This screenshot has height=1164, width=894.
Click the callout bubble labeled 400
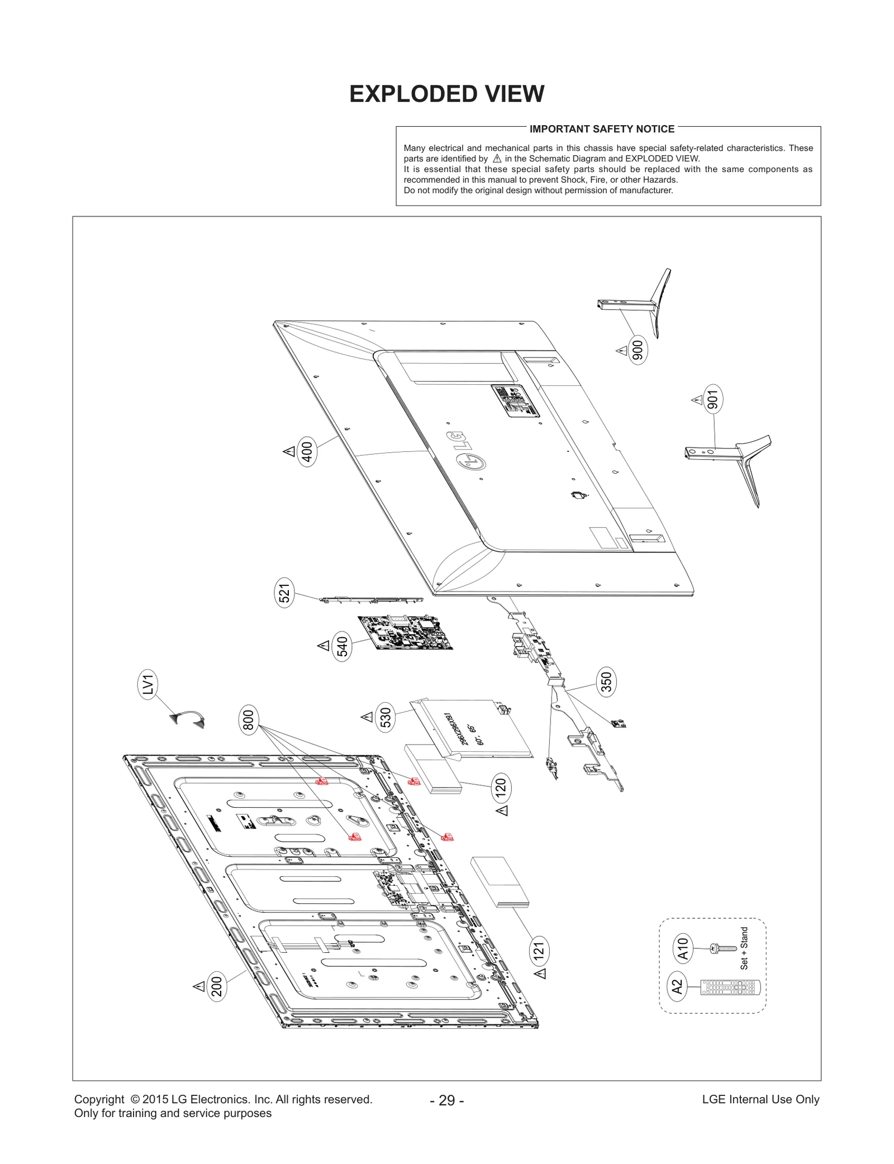pyautogui.click(x=307, y=451)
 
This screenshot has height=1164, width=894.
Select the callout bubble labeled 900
pyautogui.click(x=638, y=350)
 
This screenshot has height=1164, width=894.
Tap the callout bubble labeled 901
pyautogui.click(x=713, y=399)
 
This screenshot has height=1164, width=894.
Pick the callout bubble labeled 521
pyautogui.click(x=284, y=594)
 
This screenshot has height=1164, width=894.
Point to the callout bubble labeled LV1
pyautogui.click(x=148, y=684)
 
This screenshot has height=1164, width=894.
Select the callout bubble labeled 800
pyautogui.click(x=249, y=719)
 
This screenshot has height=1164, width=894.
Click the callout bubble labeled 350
pyautogui.click(x=606, y=681)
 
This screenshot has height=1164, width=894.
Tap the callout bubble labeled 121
pyautogui.click(x=539, y=950)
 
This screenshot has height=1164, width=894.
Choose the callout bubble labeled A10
pyautogui.click(x=683, y=948)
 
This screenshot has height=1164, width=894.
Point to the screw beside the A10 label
pyautogui.click(x=722, y=948)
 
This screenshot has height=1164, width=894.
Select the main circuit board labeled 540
pyautogui.click(x=405, y=632)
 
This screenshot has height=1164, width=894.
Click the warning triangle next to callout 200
pyautogui.click(x=199, y=986)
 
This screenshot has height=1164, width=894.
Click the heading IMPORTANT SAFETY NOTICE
pyautogui.click(x=602, y=129)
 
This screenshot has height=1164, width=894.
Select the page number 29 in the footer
pyautogui.click(x=446, y=1100)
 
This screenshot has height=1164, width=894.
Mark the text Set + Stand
pyautogui.click(x=744, y=948)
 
